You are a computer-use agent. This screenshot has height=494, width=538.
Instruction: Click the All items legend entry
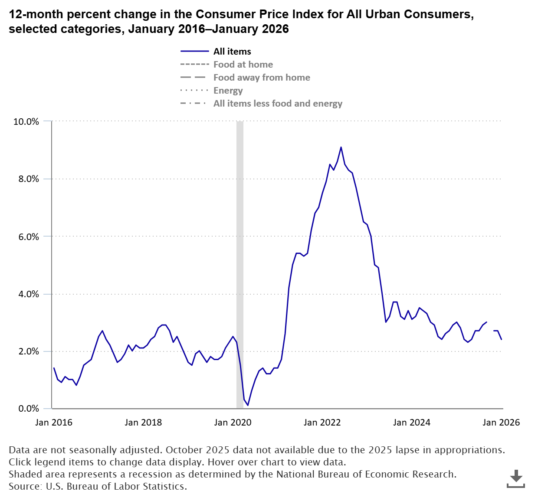pyautogui.click(x=232, y=52)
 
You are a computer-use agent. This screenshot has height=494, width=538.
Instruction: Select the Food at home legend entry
pyautogui.click(x=243, y=65)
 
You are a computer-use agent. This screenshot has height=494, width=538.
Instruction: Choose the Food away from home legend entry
pyautogui.click(x=262, y=78)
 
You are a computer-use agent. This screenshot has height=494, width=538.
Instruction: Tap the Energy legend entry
pyautogui.click(x=228, y=91)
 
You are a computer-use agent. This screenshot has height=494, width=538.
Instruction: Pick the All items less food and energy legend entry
pyautogui.click(x=278, y=104)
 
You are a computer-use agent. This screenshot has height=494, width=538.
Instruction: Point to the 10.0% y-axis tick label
pyautogui.click(x=26, y=122)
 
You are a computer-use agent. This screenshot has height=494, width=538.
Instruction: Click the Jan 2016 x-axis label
pyautogui.click(x=54, y=422)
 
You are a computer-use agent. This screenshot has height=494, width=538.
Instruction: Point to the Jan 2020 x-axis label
pyautogui.click(x=233, y=422)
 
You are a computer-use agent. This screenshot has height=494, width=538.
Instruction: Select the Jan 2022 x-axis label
pyautogui.click(x=322, y=422)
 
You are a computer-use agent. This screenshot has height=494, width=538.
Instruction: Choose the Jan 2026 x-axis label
pyautogui.click(x=501, y=422)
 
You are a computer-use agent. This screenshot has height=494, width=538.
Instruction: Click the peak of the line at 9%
pyautogui.click(x=341, y=147)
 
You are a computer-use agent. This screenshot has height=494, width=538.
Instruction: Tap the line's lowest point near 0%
pyautogui.click(x=247, y=405)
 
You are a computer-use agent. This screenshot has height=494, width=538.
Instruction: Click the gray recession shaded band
pyautogui.click(x=239, y=260)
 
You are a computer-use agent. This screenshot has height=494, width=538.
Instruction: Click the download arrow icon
pyautogui.click(x=516, y=478)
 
